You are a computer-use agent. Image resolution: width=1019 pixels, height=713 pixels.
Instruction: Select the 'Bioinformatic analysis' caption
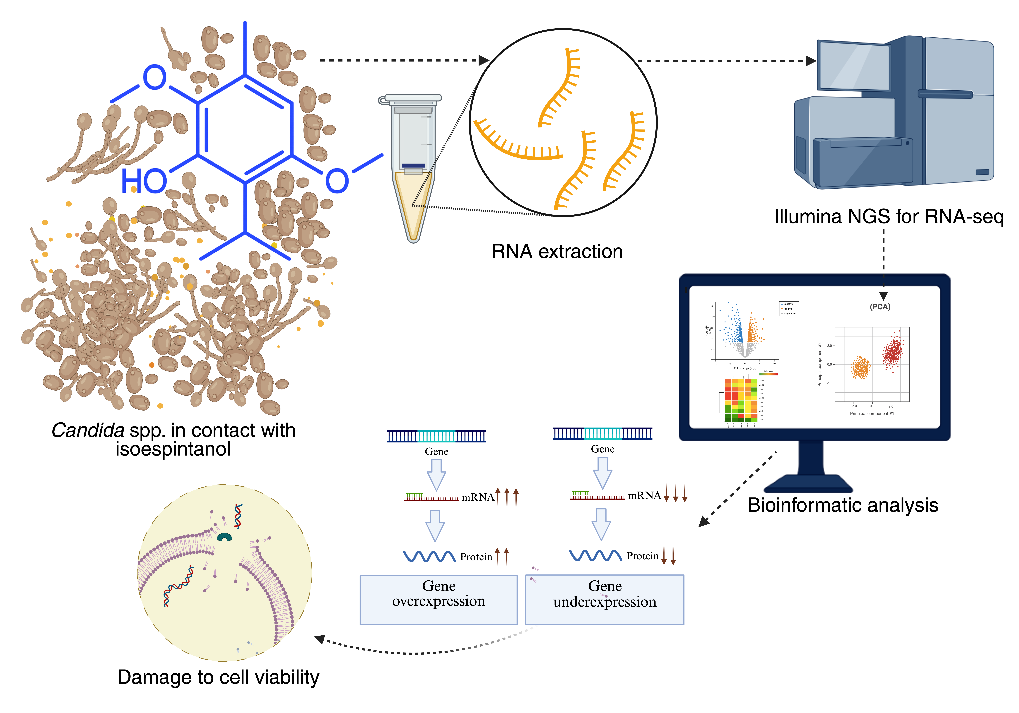click(x=842, y=505)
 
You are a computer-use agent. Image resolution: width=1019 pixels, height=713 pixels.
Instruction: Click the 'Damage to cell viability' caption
click(x=218, y=677)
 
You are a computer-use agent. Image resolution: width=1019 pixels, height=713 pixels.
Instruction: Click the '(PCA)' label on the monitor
click(x=880, y=307)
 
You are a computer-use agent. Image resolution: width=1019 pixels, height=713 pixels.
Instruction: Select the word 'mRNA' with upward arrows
click(x=478, y=497)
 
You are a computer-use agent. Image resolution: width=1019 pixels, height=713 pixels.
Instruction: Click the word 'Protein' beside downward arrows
click(x=642, y=556)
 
